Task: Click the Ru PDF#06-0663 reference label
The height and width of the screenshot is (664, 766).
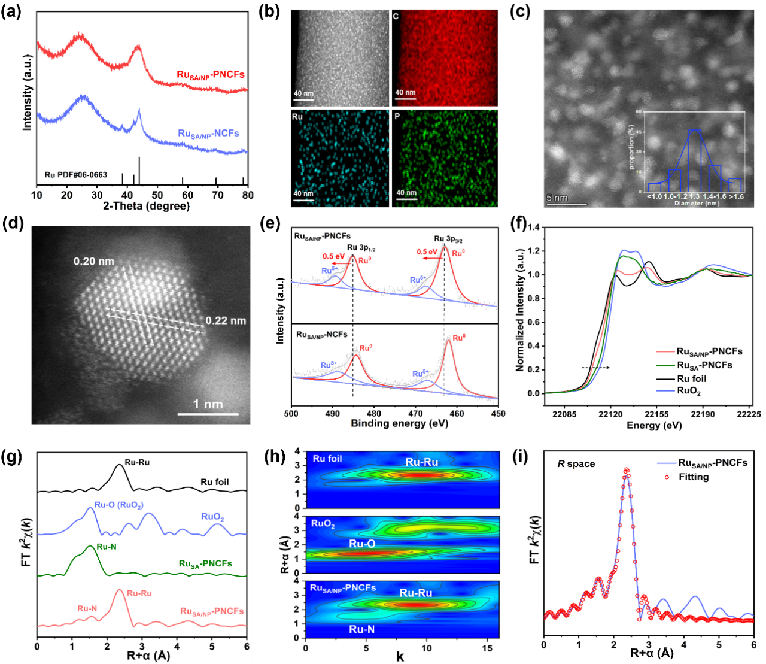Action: pos(76,175)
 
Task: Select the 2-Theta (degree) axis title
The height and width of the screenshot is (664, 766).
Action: pos(146,206)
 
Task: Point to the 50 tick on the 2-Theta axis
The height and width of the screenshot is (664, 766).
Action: pos(157,195)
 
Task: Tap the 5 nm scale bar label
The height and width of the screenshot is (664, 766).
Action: pos(557,198)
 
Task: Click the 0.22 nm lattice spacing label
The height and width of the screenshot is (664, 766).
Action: pos(226,320)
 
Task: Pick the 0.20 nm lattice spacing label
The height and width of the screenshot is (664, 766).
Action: pos(93,261)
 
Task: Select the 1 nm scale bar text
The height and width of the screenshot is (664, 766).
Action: pos(208,404)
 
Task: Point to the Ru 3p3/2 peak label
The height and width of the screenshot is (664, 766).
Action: pos(448,239)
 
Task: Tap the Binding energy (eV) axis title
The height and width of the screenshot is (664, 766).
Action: pos(399,423)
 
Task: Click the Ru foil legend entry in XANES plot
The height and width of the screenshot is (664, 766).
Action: pos(691,378)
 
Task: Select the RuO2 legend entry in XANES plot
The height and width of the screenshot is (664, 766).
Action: pos(689,392)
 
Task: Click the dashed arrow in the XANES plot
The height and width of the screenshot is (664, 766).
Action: pos(595,367)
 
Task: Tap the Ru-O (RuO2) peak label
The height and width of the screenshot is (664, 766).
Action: pos(119,505)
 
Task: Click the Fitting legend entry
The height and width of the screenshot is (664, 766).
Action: pos(694,477)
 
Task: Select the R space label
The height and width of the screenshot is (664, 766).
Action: pos(576,463)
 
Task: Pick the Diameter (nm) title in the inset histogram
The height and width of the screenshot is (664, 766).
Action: pos(697,203)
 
